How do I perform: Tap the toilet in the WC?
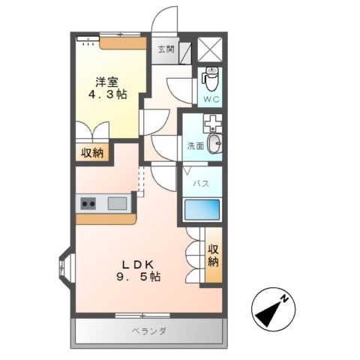coord(211,77)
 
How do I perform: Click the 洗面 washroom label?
coord(195,146)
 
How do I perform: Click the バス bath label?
coord(201,183)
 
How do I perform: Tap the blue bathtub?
coord(201,210)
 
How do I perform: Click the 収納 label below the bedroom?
coord(93,152)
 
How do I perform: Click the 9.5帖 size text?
coord(139,277)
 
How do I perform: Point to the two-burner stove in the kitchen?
coord(88,202)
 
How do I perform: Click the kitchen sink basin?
coord(116,202)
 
